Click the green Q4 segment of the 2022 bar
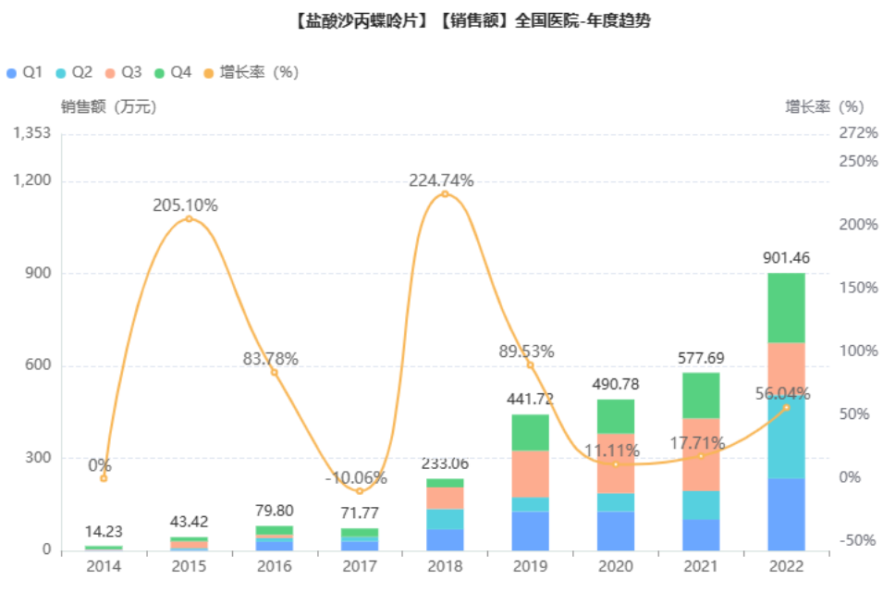[786, 307]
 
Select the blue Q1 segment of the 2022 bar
[786, 514]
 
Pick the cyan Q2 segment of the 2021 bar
[701, 504]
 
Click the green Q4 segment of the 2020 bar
[616, 416]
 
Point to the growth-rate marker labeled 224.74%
[445, 194]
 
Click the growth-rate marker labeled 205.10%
[189, 218]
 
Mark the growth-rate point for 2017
[360, 490]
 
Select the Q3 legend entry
[123, 72]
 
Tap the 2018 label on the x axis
[445, 566]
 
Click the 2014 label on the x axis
[104, 566]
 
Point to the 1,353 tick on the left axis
[32, 133]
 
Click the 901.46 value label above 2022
[786, 257]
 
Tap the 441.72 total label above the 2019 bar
[530, 399]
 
